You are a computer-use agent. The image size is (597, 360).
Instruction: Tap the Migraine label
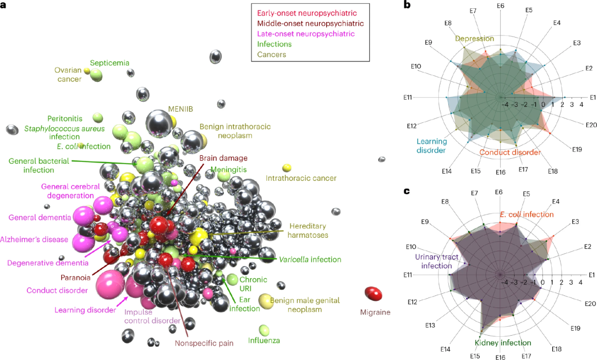[x=375, y=312]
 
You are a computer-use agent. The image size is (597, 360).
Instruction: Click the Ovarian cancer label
[x=68, y=75]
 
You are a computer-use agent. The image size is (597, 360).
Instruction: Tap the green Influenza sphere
[x=265, y=330]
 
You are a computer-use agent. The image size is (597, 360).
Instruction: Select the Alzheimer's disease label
[x=34, y=239]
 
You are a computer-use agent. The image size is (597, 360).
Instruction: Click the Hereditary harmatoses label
[x=307, y=231]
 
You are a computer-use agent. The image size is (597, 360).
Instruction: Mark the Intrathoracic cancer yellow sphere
[x=287, y=167]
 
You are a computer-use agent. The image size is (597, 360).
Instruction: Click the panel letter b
[x=407, y=5]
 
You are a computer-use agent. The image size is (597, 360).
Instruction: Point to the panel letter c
[x=407, y=191]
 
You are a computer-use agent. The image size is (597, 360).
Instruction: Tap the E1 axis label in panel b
[x=593, y=97]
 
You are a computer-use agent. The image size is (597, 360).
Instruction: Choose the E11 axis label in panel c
[x=408, y=275]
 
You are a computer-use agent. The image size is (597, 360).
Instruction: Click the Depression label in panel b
[x=474, y=39]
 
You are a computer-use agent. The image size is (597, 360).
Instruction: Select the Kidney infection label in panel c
[x=503, y=343]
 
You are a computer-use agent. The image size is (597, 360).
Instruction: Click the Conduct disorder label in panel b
[x=510, y=152]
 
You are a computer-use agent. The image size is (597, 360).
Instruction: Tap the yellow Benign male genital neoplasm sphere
[x=266, y=301]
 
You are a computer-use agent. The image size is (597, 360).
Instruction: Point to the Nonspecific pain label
[x=204, y=343]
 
